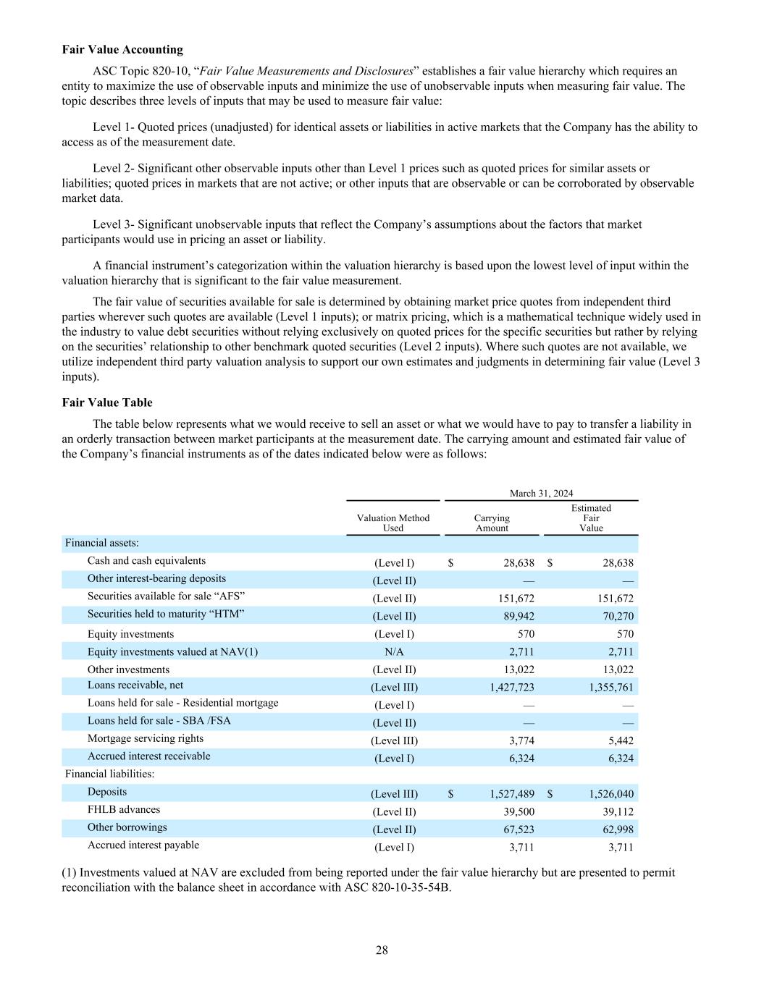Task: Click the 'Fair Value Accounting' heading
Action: (122, 49)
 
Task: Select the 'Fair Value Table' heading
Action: (107, 402)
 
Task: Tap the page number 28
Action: (382, 950)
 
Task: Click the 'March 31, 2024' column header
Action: (541, 493)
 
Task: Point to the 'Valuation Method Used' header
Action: (393, 523)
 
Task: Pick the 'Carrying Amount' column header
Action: (492, 523)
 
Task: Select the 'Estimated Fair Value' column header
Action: (591, 518)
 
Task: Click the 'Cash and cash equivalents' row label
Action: (146, 561)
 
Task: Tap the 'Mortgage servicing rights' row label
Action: (146, 738)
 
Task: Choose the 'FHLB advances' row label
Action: (124, 809)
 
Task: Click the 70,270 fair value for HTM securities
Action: (618, 617)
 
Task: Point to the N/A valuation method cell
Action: (394, 652)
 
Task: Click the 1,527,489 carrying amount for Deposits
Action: (512, 794)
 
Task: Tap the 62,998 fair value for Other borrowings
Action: (618, 829)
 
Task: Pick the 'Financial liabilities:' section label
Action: (109, 774)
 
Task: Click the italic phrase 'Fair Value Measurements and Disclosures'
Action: (306, 71)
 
